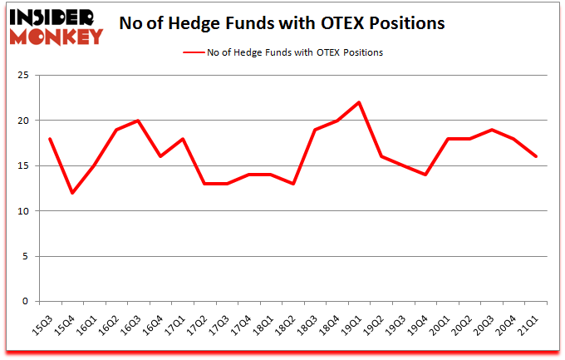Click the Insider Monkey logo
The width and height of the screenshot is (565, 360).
coord(56,26)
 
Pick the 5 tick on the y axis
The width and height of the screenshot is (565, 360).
coord(26,256)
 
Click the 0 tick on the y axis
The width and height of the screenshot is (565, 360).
coord(26,302)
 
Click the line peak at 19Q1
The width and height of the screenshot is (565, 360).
coord(357,102)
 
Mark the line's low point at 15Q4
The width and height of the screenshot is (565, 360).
coord(73,193)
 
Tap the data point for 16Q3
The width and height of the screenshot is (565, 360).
coord(138,121)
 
